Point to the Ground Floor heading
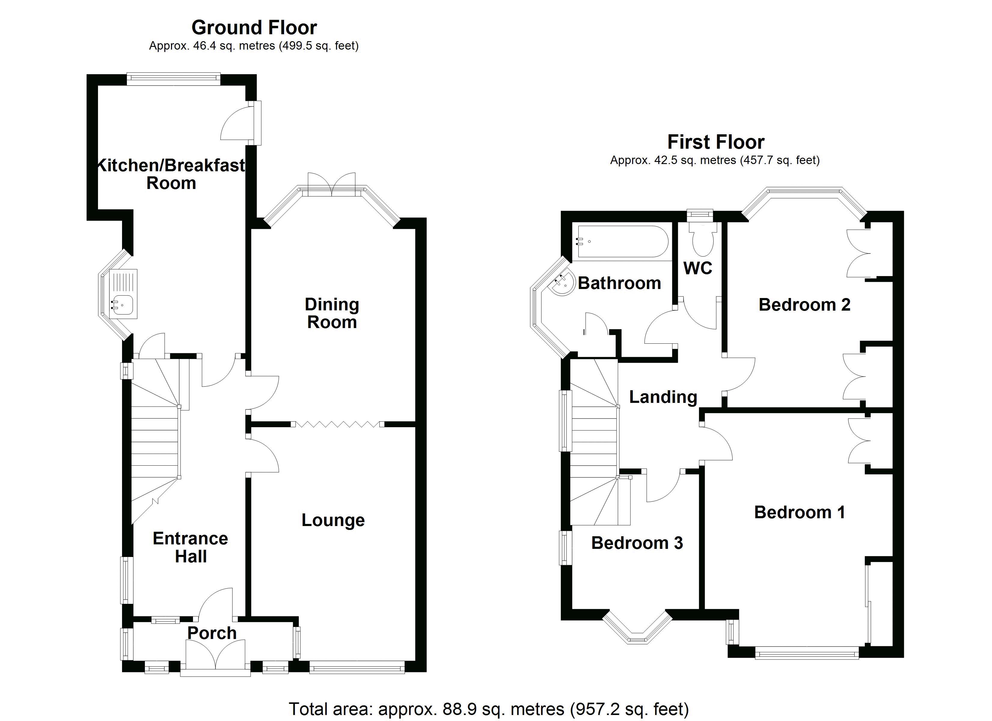pos(254,28)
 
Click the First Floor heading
pos(715,142)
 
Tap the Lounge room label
pos(333,520)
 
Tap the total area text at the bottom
pos(488,709)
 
